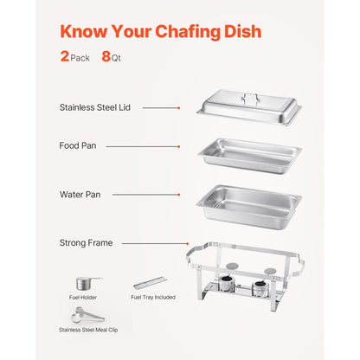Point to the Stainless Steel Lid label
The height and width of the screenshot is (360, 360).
[x=94, y=108]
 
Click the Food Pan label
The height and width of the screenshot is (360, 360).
[x=77, y=146]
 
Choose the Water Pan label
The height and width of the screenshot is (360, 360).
[x=80, y=195]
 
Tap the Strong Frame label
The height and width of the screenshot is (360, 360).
[x=86, y=243]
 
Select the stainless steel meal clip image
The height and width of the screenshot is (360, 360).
[x=86, y=312]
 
